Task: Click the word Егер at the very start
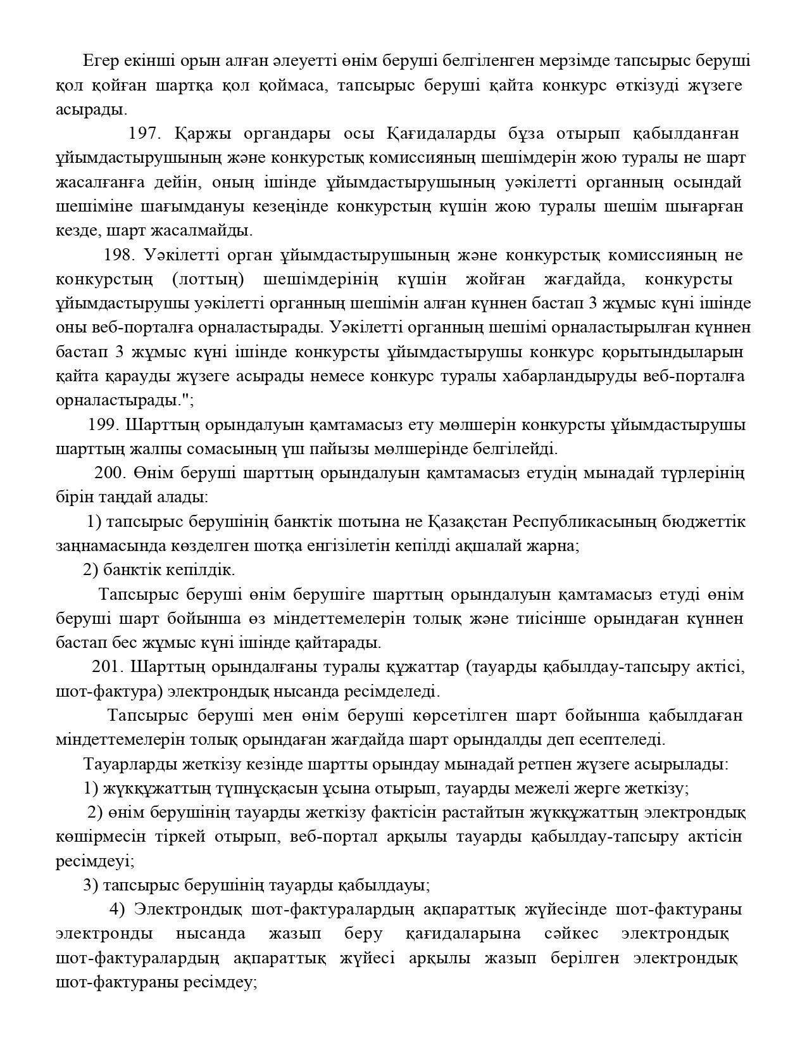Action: point(99,61)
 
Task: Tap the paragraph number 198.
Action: point(120,255)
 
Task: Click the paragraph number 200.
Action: point(111,473)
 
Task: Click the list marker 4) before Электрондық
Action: point(118,909)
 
